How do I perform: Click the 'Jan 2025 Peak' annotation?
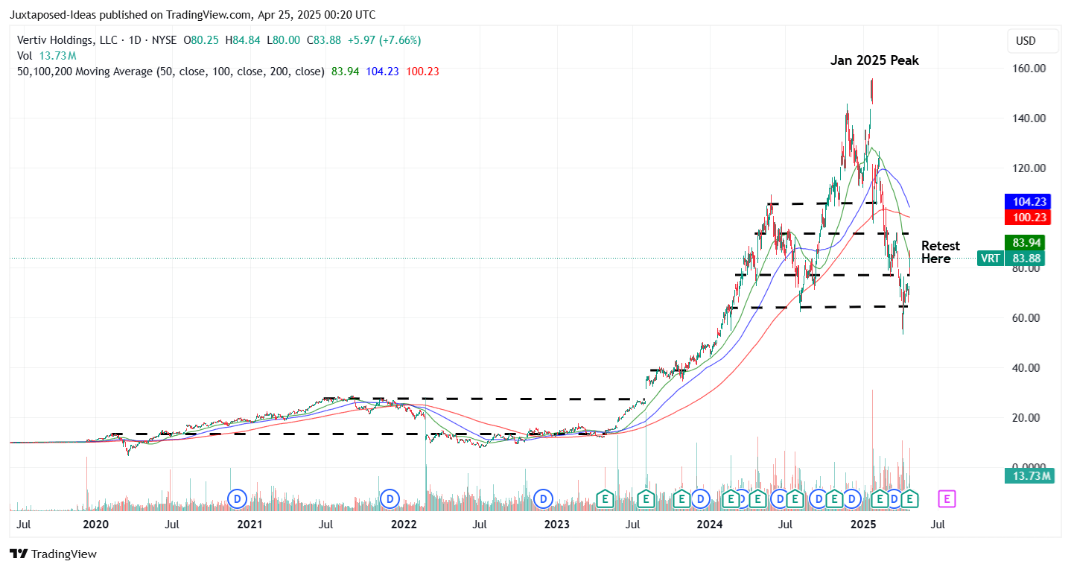pos(874,60)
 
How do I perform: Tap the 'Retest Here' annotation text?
pos(940,252)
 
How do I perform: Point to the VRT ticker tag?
pos(990,259)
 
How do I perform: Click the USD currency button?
pos(1032,41)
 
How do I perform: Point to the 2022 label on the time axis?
pos(404,525)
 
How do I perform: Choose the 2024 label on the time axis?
pos(710,525)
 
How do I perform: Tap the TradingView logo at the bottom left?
pos(53,554)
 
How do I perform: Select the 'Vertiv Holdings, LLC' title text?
pos(65,40)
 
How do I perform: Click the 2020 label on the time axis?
pos(96,525)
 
